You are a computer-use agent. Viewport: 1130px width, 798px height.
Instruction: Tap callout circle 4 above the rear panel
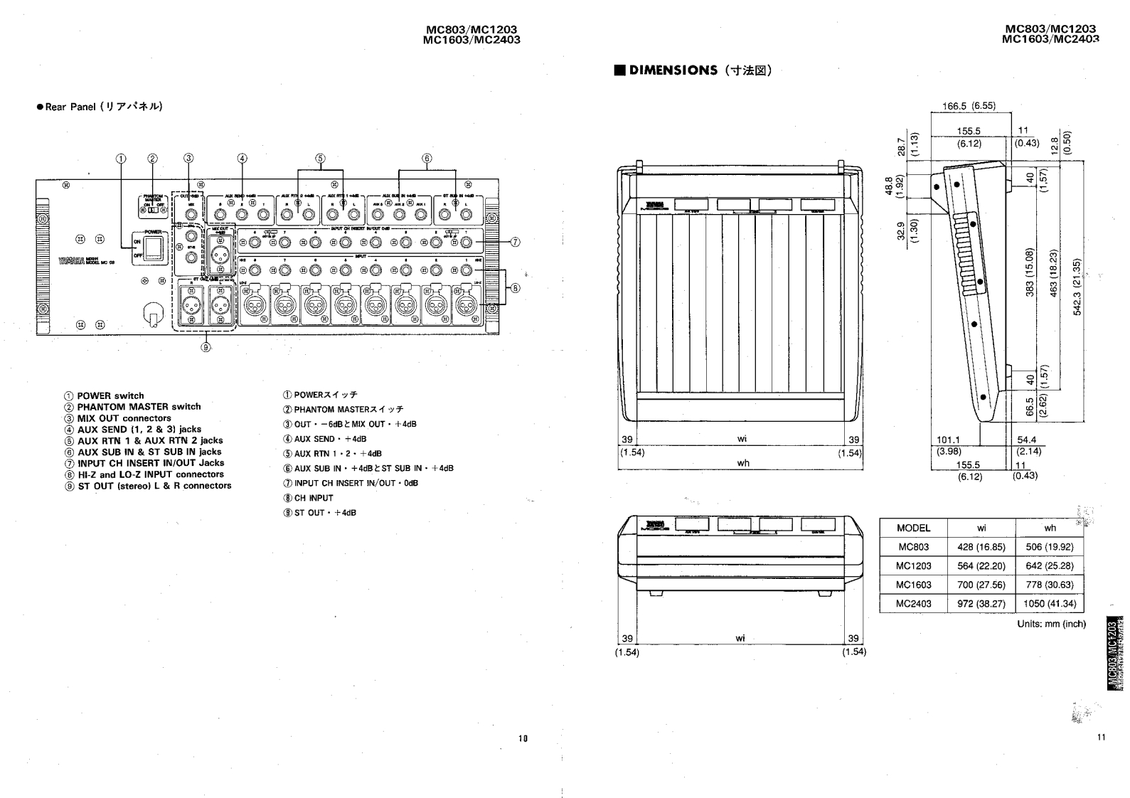tap(242, 159)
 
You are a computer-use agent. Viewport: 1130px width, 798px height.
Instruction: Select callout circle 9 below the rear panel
tap(206, 347)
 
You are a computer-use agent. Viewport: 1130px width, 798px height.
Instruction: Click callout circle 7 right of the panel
tap(516, 242)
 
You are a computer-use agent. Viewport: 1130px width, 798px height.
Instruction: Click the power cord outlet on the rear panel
tap(150, 314)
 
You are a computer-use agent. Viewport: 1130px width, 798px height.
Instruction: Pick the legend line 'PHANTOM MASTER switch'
tap(139, 407)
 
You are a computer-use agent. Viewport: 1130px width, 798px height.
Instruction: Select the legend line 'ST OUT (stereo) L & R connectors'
tap(154, 486)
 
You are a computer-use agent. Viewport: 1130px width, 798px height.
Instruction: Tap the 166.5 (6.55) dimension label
tap(969, 106)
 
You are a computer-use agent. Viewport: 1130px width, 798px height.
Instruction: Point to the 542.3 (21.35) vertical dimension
tap(1077, 287)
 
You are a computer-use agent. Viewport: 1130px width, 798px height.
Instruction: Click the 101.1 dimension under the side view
tap(948, 440)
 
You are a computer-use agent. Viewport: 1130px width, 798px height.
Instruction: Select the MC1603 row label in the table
tap(913, 585)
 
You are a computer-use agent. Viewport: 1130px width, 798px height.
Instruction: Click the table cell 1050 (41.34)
tap(1050, 604)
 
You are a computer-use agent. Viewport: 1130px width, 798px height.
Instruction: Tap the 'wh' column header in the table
tap(1050, 528)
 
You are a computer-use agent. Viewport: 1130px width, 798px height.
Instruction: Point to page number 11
tap(1101, 738)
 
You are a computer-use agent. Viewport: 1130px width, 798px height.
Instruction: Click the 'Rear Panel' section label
tap(105, 107)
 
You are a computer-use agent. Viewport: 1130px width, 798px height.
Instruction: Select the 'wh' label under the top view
tap(742, 463)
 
